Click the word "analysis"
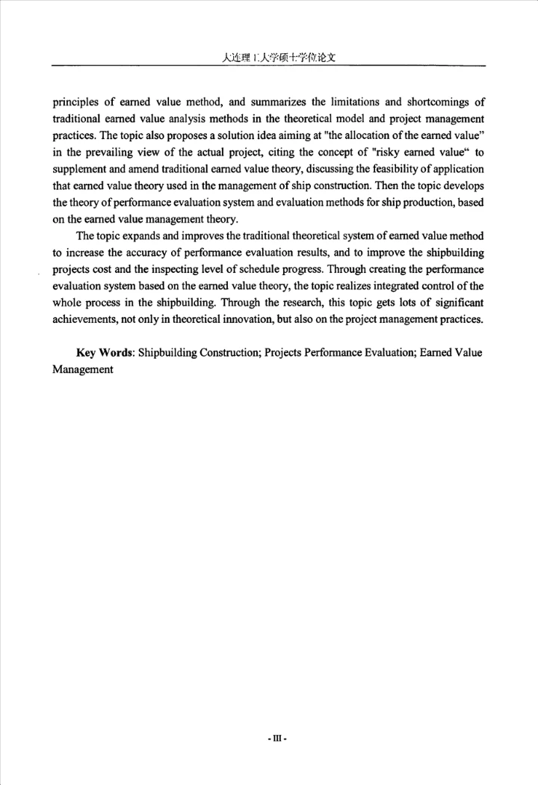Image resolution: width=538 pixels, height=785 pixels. (x=185, y=119)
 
